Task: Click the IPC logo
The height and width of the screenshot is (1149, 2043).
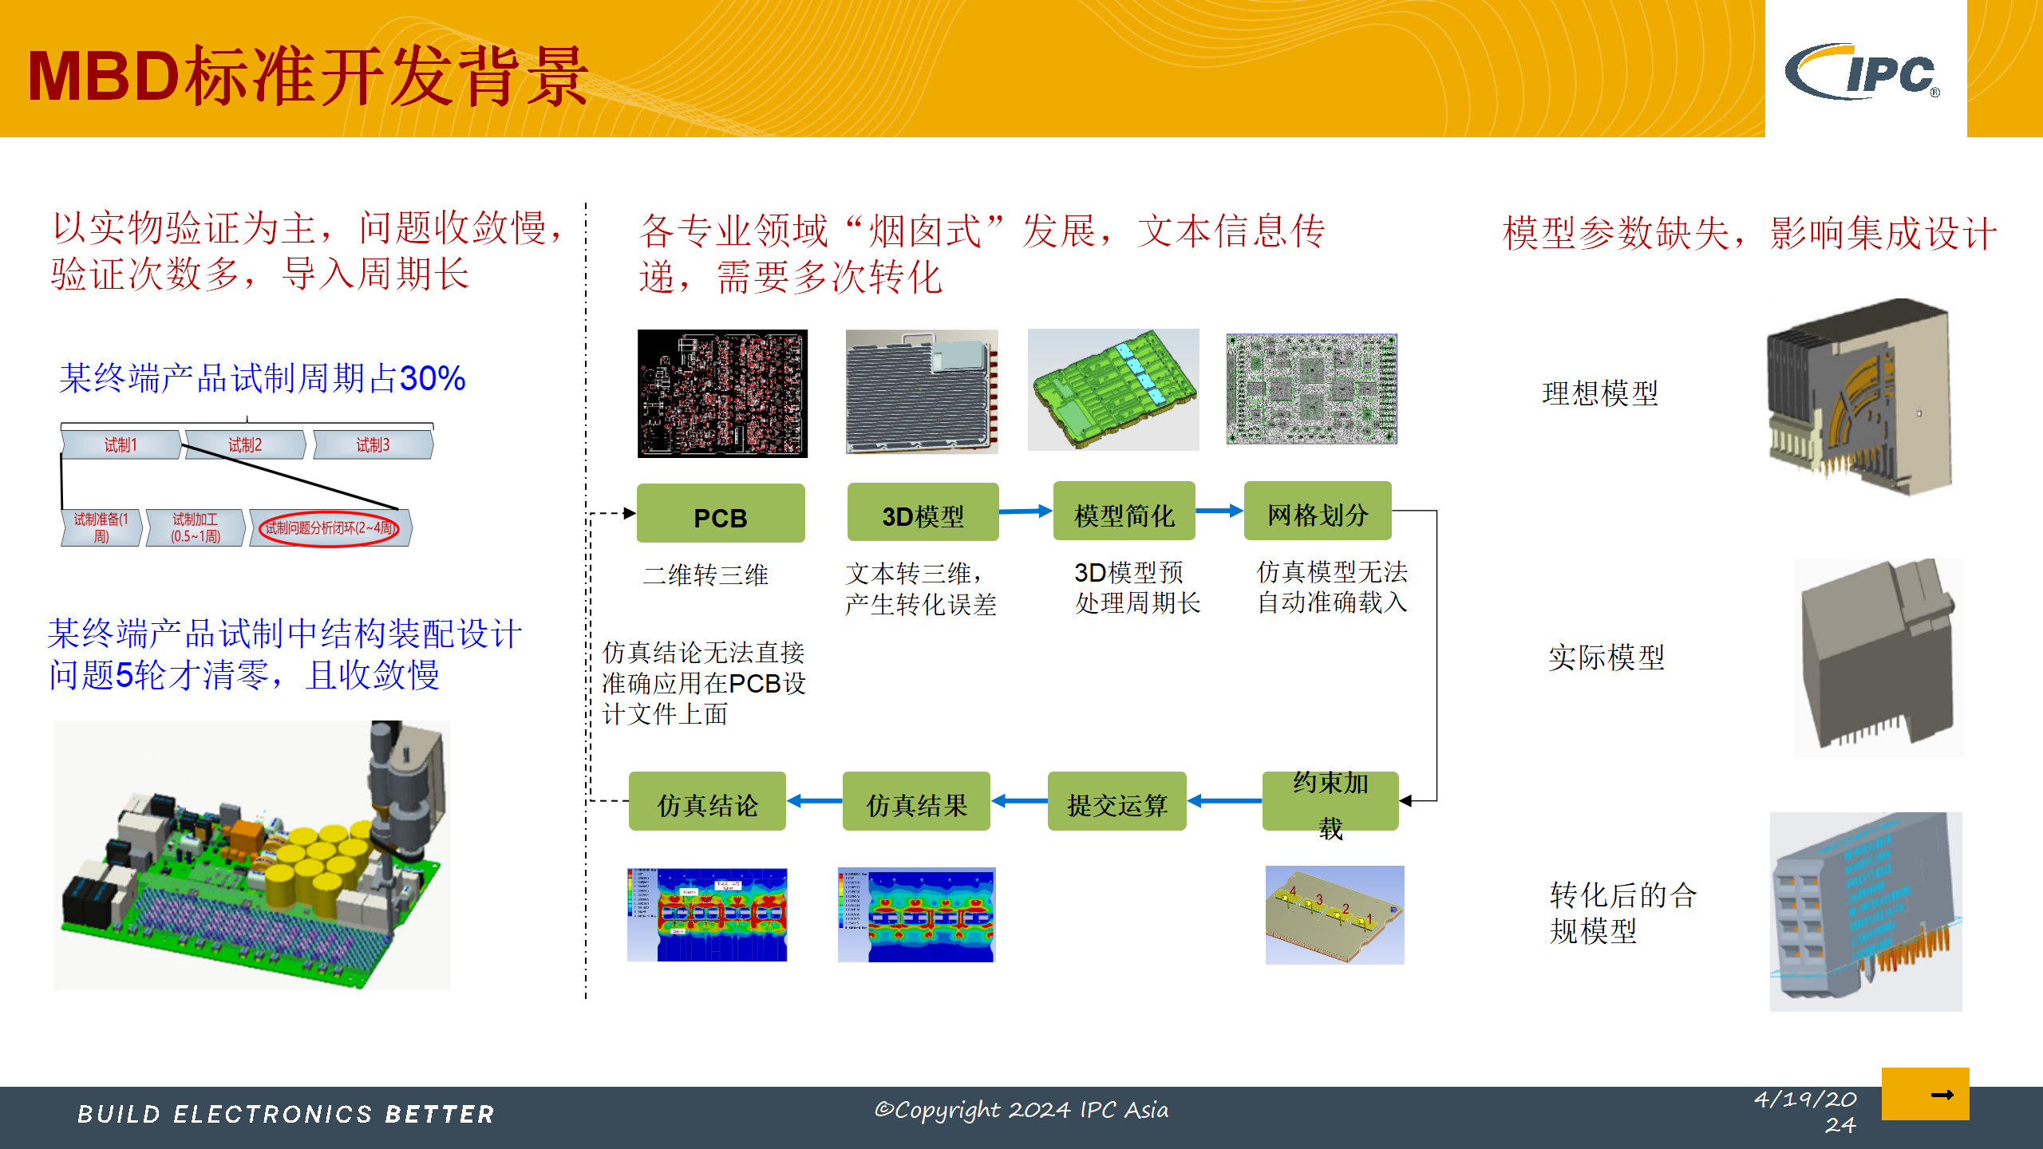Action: click(1864, 72)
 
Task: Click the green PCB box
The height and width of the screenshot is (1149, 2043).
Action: click(720, 514)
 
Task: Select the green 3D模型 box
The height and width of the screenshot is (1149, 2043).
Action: click(923, 512)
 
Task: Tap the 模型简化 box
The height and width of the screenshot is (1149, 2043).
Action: click(1124, 512)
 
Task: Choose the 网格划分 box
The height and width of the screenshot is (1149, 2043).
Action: click(1317, 511)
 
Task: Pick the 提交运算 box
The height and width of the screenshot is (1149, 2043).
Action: click(1116, 802)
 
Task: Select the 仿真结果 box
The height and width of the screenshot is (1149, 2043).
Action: click(916, 802)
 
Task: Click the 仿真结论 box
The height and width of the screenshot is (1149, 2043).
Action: click(707, 802)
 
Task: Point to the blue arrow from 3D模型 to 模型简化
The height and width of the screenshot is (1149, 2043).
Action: click(1025, 511)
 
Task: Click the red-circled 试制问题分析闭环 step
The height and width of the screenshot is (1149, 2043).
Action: click(330, 528)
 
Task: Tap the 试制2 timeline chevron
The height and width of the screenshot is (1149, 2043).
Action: click(244, 445)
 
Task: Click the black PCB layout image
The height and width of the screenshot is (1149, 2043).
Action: click(722, 393)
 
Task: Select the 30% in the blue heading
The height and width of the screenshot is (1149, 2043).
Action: click(432, 378)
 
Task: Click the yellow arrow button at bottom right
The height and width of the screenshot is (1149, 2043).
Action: click(1925, 1094)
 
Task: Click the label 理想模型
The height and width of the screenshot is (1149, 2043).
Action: click(1599, 393)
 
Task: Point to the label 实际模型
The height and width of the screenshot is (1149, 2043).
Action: click(1606, 657)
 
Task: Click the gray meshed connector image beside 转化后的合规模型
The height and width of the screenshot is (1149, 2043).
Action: click(1865, 911)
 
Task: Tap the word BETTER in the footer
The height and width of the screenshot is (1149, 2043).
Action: click(440, 1115)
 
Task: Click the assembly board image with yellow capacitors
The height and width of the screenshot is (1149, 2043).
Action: click(252, 855)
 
